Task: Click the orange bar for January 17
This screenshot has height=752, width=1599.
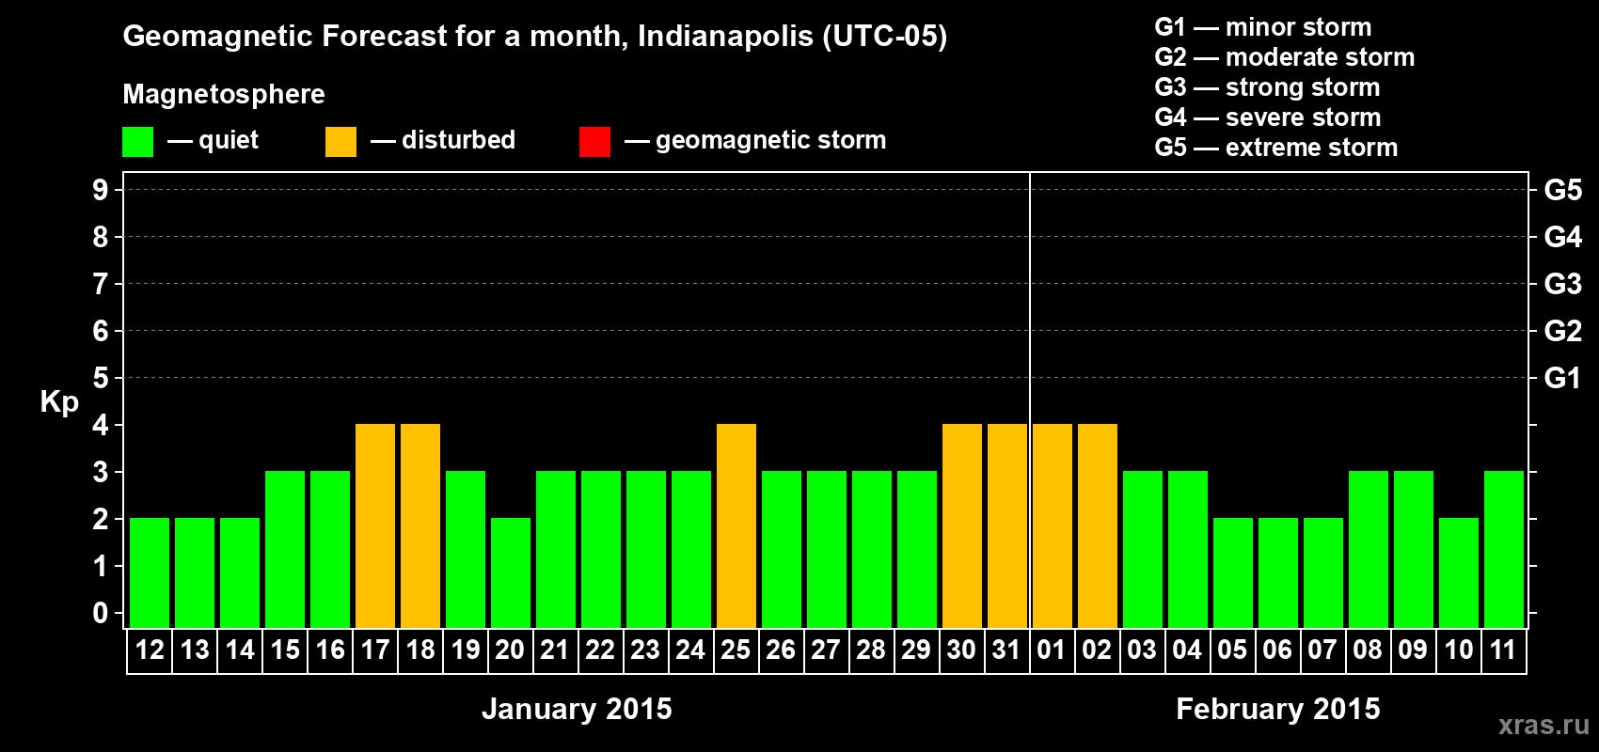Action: (x=375, y=525)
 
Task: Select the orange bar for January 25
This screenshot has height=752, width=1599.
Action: (x=736, y=525)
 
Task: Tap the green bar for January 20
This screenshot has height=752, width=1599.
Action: (x=511, y=572)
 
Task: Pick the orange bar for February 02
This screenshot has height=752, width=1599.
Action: (x=1098, y=525)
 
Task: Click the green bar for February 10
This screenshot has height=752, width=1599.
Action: (x=1459, y=572)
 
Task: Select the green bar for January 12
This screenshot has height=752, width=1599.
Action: (x=150, y=572)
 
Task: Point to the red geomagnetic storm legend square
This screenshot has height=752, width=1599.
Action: (x=594, y=142)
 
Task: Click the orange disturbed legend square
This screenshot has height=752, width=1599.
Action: (x=340, y=142)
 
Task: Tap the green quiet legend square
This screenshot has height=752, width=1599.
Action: (x=137, y=142)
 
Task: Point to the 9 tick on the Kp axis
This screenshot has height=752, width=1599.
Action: (x=101, y=190)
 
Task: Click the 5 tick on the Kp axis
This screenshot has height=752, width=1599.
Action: (x=101, y=378)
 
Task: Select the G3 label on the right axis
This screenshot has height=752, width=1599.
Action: (x=1562, y=284)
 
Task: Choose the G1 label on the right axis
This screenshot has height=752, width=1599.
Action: (x=1562, y=378)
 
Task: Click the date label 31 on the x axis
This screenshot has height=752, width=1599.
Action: (x=1006, y=650)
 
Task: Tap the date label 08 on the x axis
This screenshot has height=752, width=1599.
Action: (x=1368, y=650)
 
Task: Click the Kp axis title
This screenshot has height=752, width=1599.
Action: (x=59, y=402)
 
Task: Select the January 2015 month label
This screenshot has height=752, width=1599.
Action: (x=577, y=709)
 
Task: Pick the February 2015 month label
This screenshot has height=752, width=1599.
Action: (x=1277, y=709)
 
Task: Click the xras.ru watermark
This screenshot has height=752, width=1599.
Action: (x=1544, y=725)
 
